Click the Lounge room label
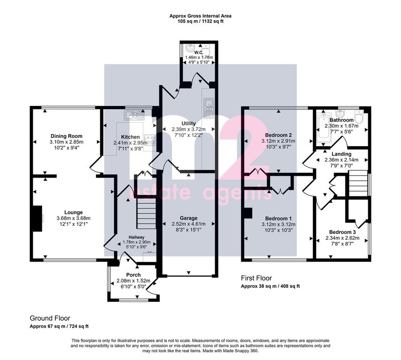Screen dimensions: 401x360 point(73,212)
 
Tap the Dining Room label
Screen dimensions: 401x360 point(67,136)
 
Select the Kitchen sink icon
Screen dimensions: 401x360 point(134,115)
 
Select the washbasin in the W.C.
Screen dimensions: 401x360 point(190,48)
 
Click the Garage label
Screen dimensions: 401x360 point(189,218)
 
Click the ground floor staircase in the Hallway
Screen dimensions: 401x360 point(146,213)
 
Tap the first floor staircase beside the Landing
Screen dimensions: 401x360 point(358,184)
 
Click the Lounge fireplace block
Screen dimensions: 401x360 point(38,218)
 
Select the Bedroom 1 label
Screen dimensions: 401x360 point(279,218)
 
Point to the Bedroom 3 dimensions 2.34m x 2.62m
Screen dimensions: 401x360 point(342,238)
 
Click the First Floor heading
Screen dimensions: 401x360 point(257,278)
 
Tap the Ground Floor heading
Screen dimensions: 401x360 point(50,318)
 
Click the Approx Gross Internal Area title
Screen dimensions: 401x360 point(201,16)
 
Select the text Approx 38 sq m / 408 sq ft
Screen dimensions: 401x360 point(270,286)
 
